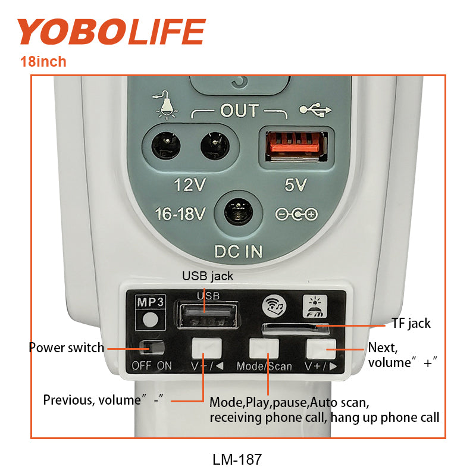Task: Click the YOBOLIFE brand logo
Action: coord(111,32)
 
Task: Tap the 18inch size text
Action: coord(43,62)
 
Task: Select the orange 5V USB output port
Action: coord(296,146)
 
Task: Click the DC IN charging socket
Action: coord(239,212)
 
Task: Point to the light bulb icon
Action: coord(165,105)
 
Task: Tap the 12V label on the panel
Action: coord(190,184)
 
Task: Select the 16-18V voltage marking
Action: coord(180,214)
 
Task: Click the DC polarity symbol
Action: coord(296,214)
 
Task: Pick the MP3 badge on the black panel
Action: coord(151,302)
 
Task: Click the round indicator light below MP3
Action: coord(151,320)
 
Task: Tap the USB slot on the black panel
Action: coord(208,316)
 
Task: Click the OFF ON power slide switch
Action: coord(152,348)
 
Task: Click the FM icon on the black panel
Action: coord(315,306)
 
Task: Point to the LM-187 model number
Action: coord(237,459)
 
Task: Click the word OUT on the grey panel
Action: coord(240,111)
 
